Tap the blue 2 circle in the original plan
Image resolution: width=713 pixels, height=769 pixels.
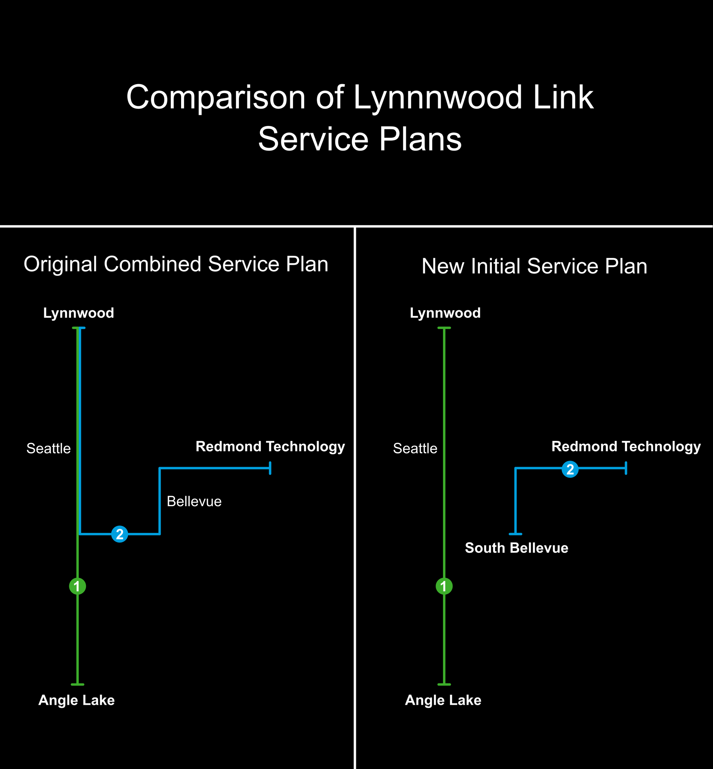click(119, 534)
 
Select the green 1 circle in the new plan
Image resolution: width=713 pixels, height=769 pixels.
click(444, 586)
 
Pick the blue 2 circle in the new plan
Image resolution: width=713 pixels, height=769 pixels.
click(570, 469)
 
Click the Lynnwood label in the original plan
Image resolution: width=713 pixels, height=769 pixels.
click(78, 313)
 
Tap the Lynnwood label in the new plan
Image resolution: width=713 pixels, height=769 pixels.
click(445, 313)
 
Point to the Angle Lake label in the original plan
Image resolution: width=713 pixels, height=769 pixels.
click(76, 700)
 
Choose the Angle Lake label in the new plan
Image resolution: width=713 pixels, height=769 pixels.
click(443, 700)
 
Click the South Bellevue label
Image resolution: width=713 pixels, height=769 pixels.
click(516, 548)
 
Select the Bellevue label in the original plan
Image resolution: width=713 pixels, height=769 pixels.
click(194, 501)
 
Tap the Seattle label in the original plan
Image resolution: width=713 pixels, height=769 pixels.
click(48, 449)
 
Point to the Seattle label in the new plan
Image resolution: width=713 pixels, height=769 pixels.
click(415, 449)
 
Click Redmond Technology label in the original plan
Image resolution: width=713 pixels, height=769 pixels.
click(270, 446)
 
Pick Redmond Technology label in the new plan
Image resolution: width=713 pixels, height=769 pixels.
click(626, 446)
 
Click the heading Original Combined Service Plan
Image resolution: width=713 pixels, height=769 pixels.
click(176, 264)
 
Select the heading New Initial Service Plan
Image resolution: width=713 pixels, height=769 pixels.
click(534, 266)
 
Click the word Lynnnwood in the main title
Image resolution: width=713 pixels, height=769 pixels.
click(438, 98)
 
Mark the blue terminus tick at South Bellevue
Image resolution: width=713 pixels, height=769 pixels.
click(515, 534)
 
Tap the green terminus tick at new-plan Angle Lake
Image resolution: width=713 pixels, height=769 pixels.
click(444, 684)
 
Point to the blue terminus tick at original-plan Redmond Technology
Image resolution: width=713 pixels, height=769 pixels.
click(270, 468)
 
